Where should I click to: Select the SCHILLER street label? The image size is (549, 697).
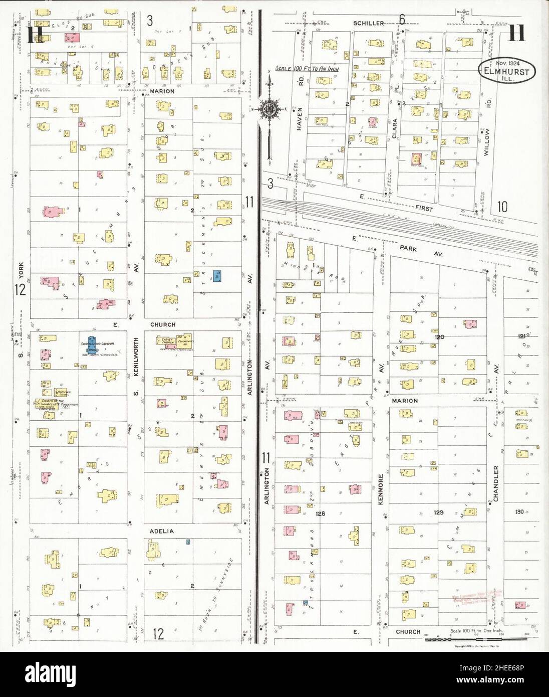tap(368, 23)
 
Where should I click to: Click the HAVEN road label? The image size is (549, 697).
tap(301, 118)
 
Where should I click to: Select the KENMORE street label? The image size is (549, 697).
tap(381, 489)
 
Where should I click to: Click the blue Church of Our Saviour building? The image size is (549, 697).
tap(92, 345)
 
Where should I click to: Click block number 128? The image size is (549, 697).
tap(321, 513)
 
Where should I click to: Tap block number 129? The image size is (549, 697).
tap(438, 512)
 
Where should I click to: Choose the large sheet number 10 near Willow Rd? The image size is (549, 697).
tap(502, 206)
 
